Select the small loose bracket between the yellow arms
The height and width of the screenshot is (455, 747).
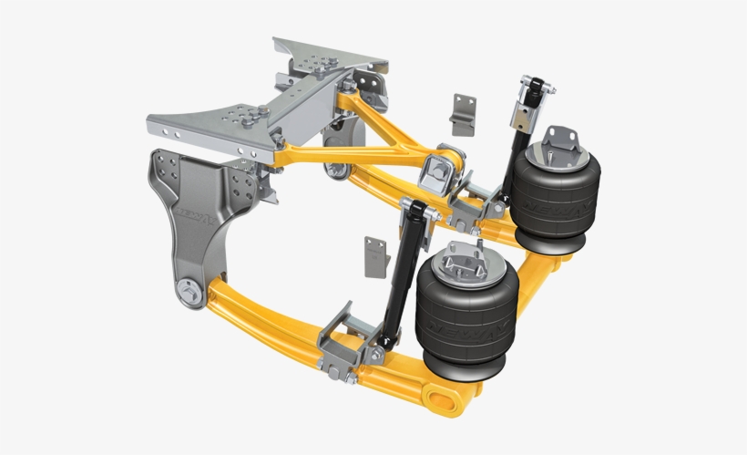[x=463, y=114]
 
